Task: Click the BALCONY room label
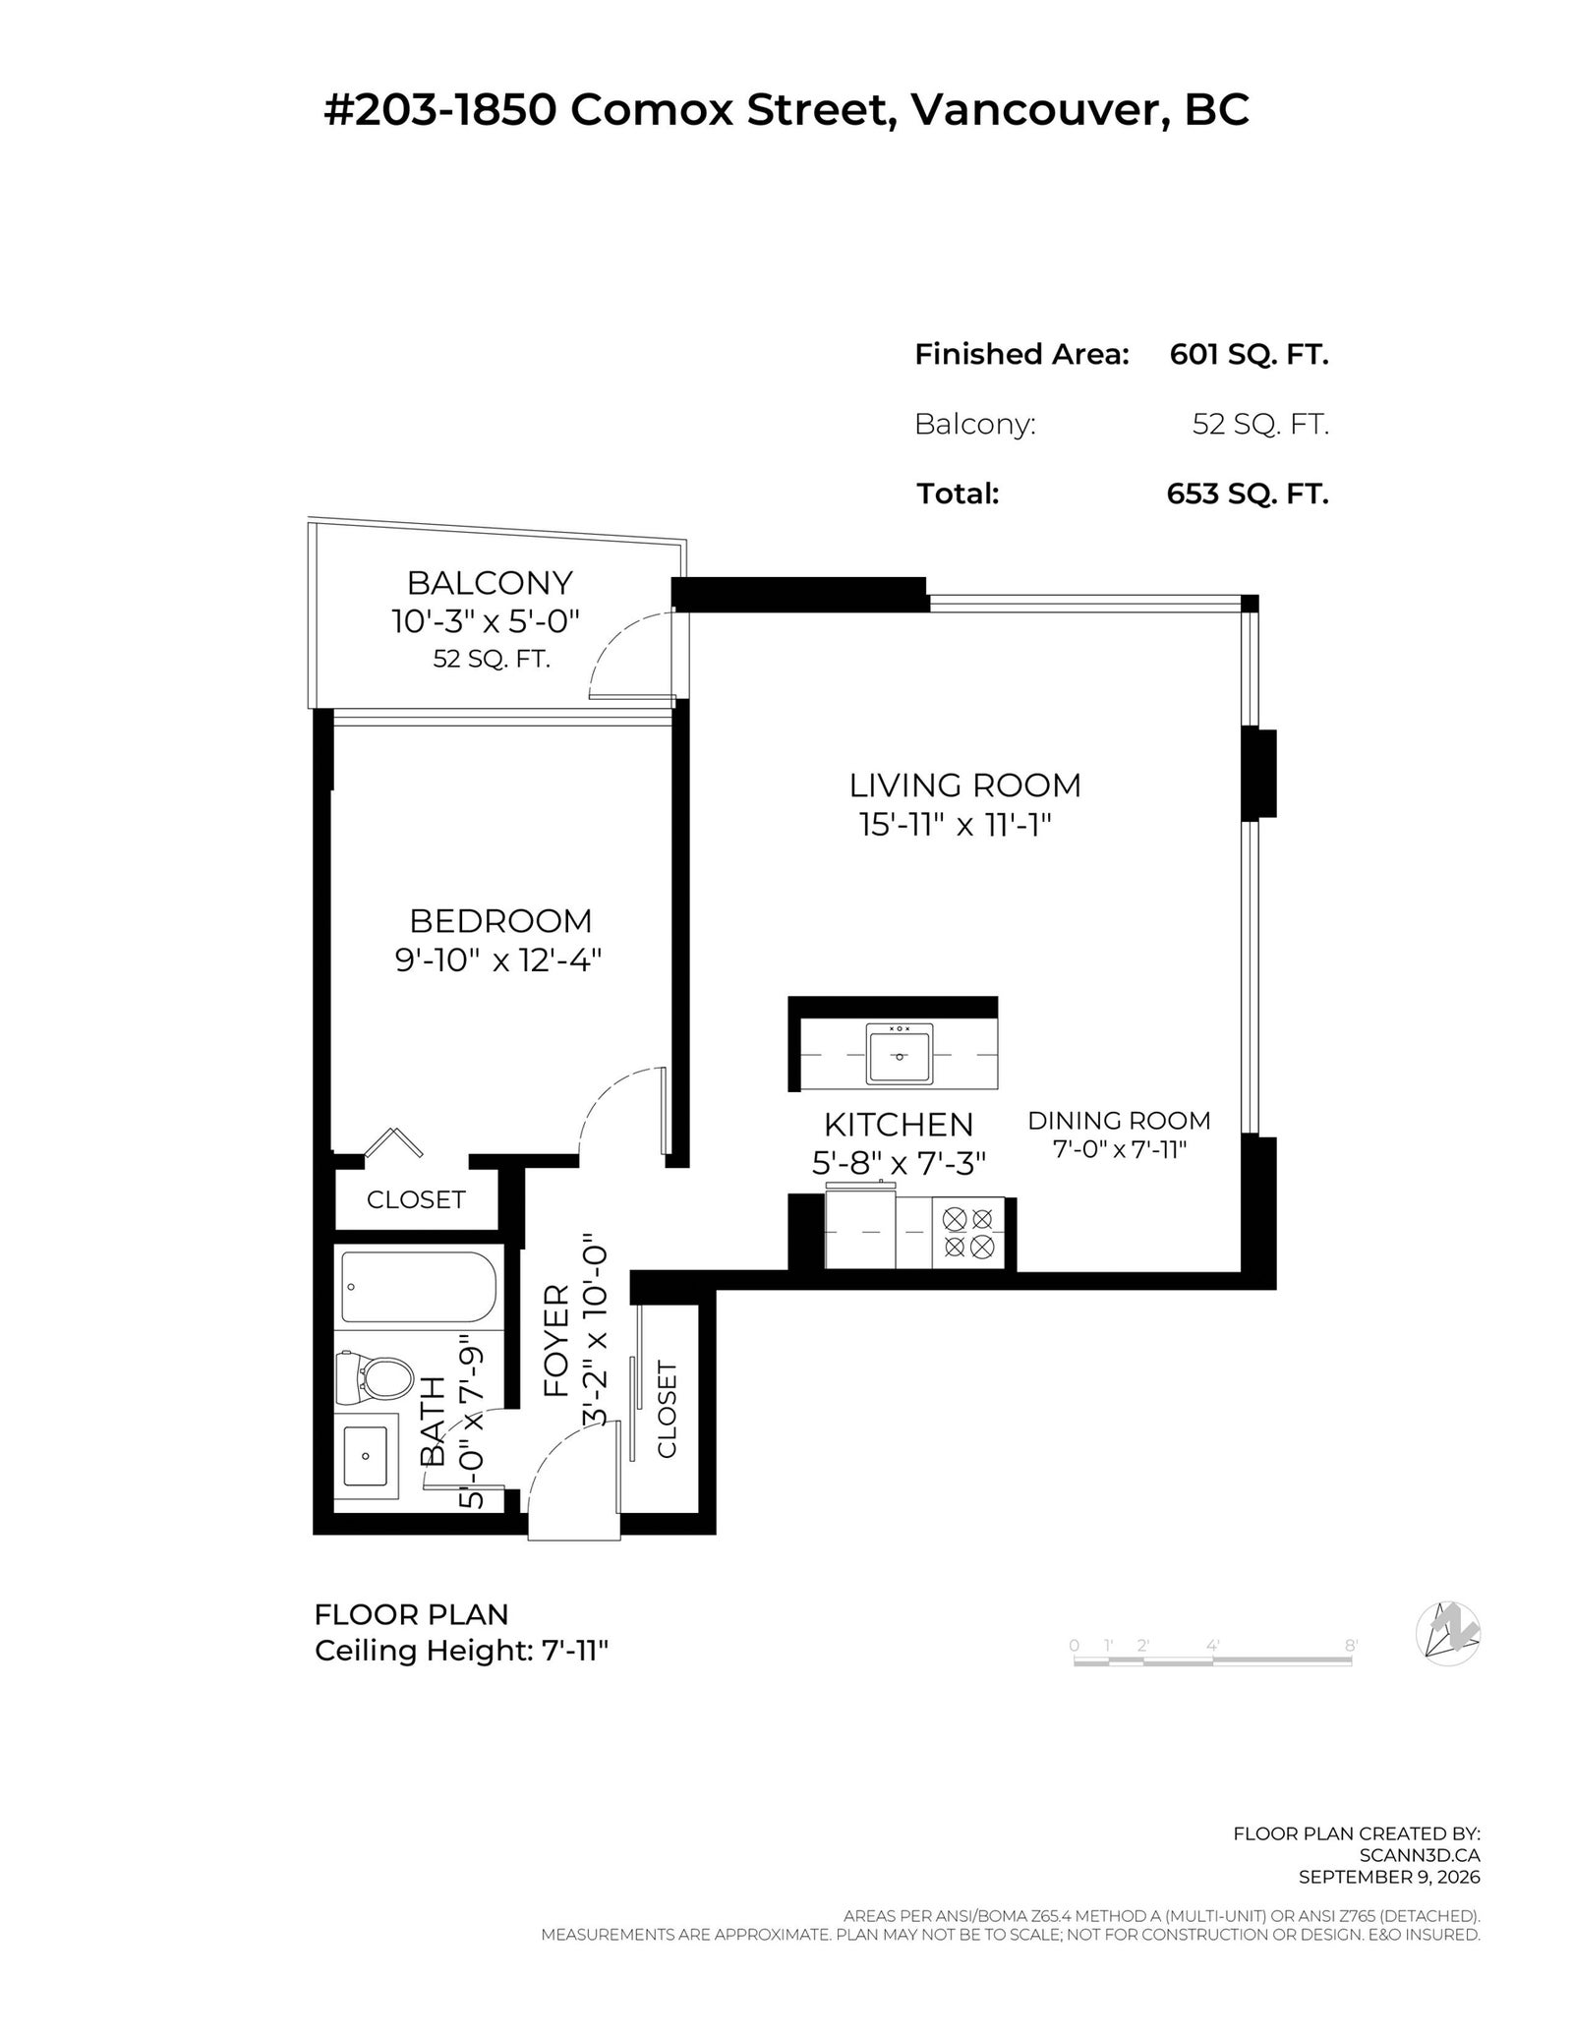pyautogui.click(x=490, y=583)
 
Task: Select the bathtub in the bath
pyautogui.click(x=419, y=1287)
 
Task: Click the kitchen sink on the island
pyautogui.click(x=899, y=1054)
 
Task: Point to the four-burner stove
pyautogui.click(x=967, y=1233)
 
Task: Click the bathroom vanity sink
pyautogui.click(x=366, y=1456)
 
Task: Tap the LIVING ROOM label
pyautogui.click(x=964, y=785)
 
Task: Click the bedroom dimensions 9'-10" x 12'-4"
pyautogui.click(x=498, y=960)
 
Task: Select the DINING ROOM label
pyautogui.click(x=1119, y=1120)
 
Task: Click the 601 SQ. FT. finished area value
pyautogui.click(x=1249, y=354)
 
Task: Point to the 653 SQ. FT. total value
pyautogui.click(x=1248, y=494)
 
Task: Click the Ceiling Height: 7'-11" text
pyautogui.click(x=462, y=1651)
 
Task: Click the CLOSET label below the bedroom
pyautogui.click(x=416, y=1199)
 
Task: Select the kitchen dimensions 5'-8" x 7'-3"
pyautogui.click(x=899, y=1163)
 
